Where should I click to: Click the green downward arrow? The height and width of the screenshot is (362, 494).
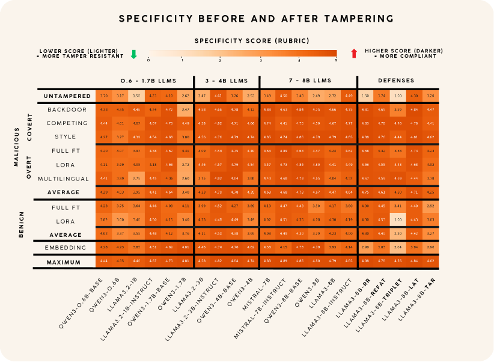134,55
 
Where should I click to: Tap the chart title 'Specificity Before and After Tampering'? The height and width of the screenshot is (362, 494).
246,18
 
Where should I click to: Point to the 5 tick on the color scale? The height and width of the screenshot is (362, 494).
336,60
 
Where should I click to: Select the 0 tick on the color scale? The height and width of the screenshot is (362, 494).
148,60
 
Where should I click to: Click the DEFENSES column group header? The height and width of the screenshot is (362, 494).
395,80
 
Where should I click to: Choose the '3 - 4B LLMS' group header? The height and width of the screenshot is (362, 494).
227,80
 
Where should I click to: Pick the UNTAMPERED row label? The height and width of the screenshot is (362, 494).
68,96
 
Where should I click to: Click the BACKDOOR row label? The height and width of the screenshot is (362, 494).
67,110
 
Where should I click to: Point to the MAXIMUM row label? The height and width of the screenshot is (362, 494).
68,262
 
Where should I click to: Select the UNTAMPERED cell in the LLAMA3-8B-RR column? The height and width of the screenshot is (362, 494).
364,96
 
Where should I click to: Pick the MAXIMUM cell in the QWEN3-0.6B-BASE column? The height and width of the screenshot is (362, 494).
103,262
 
